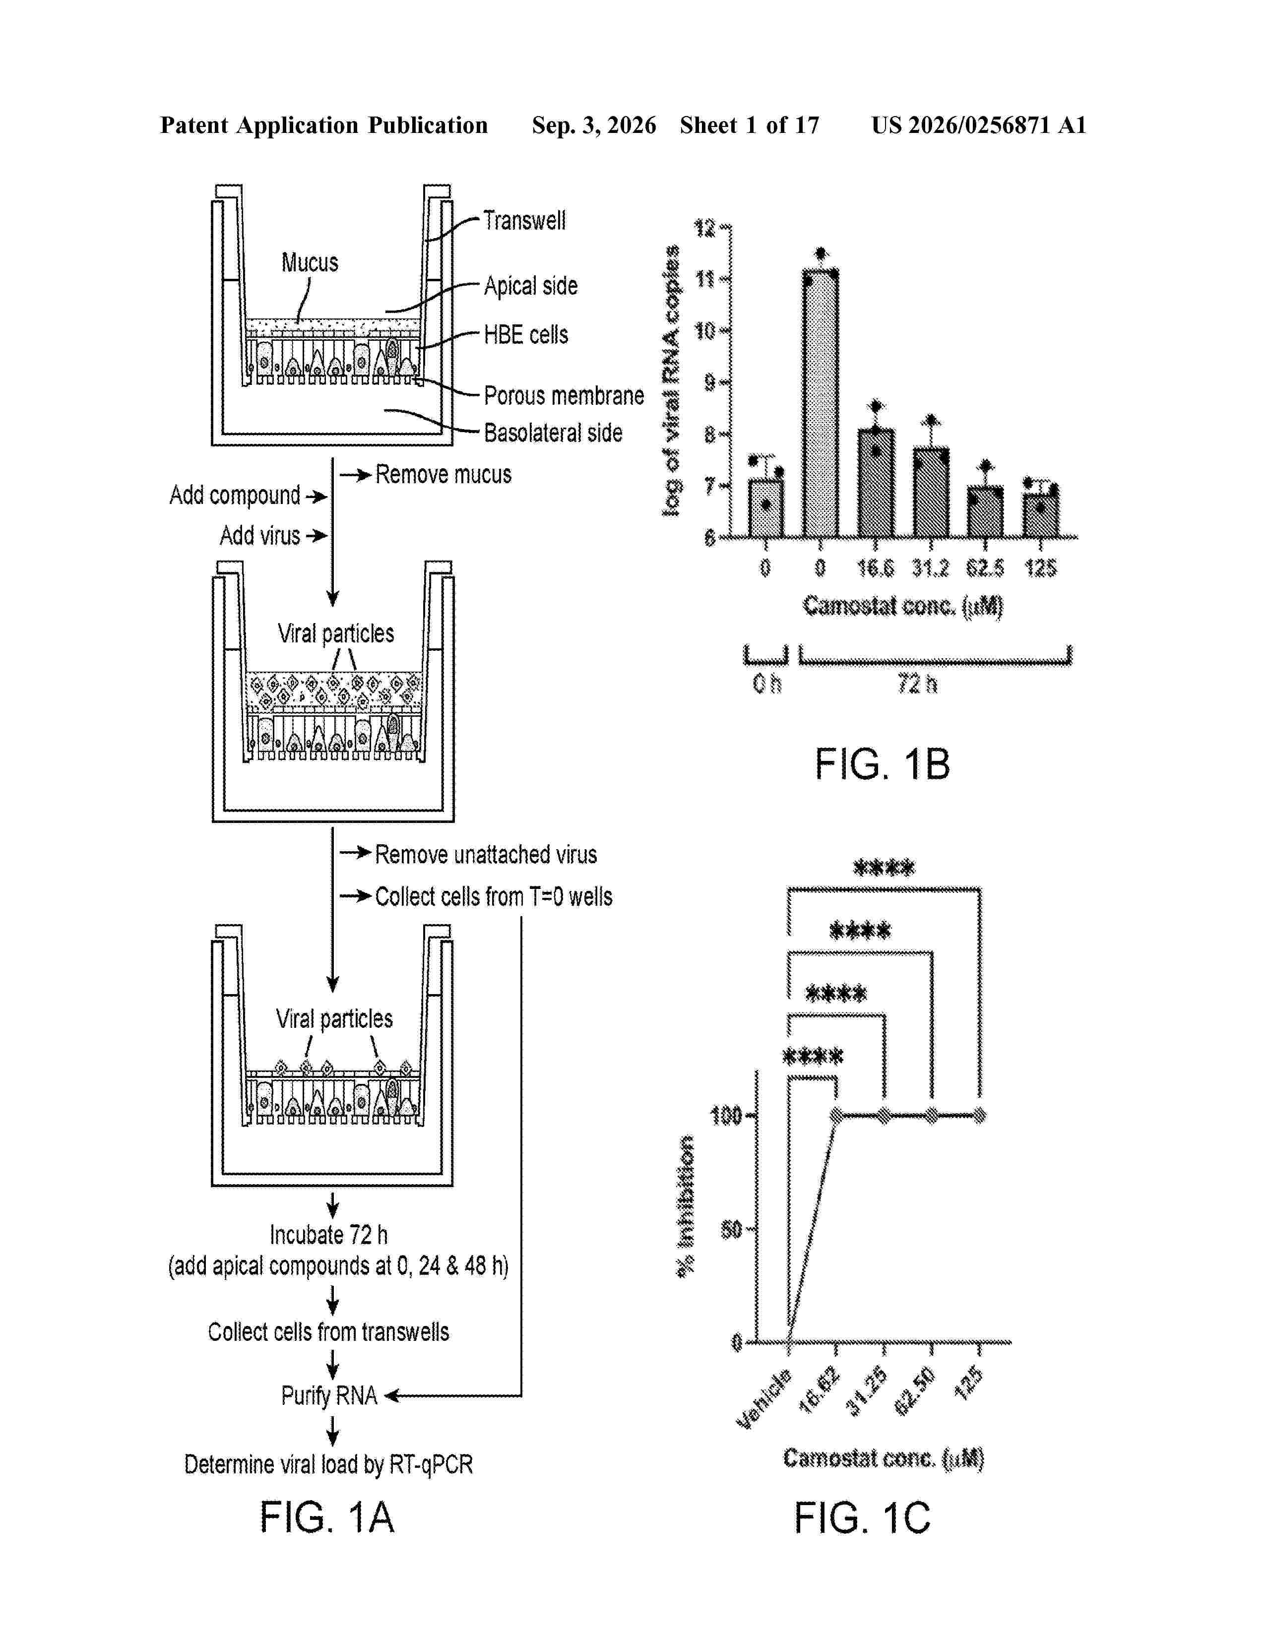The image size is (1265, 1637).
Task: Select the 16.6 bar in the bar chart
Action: coord(875,484)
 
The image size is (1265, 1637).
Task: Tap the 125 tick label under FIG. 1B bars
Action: coord(1040,568)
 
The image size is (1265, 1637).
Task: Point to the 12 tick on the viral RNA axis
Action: coord(706,227)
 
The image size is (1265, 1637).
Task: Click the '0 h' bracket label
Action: coord(766,684)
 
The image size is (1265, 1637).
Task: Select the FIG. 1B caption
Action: coord(882,764)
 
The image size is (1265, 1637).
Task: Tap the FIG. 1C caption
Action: coord(862,1518)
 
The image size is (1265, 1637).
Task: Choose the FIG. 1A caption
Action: coord(327,1518)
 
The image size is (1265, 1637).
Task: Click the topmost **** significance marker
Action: coord(885,868)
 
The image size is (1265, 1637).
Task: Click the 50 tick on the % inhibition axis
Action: coord(731,1230)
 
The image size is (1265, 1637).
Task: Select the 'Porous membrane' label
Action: coord(564,395)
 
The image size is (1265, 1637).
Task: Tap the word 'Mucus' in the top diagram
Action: coord(310,262)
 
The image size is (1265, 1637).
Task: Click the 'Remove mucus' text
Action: coord(443,474)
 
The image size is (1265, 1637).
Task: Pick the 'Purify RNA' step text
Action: coord(329,1395)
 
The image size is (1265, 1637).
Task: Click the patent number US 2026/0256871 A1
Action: coord(979,125)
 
